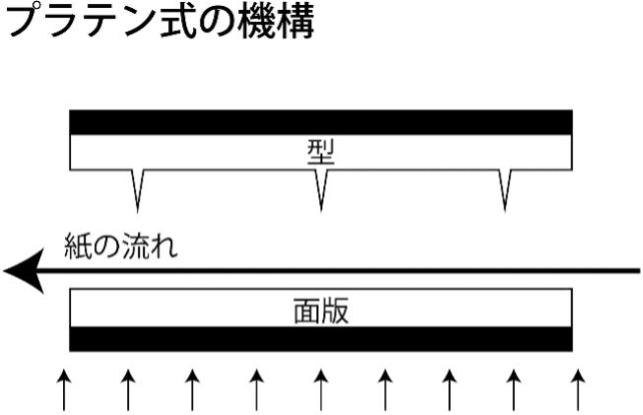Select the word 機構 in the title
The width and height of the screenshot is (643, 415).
276,21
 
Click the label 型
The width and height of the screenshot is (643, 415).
321,152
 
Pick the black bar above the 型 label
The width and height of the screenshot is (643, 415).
321,122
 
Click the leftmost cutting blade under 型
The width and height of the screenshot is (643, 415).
138,190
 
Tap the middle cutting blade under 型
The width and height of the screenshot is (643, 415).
321,190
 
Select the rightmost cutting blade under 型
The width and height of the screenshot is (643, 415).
505,190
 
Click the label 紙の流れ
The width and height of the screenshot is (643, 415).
121,246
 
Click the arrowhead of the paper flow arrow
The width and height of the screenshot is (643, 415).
24,271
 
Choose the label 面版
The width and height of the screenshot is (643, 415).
321,311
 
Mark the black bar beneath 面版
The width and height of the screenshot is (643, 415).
321,339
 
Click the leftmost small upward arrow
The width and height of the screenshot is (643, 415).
64,389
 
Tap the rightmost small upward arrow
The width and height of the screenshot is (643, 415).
578,389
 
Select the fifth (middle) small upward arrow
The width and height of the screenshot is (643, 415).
321,389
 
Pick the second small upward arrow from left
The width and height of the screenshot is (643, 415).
128,389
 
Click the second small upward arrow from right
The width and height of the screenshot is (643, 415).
514,389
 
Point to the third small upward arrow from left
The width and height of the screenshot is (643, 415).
192,389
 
